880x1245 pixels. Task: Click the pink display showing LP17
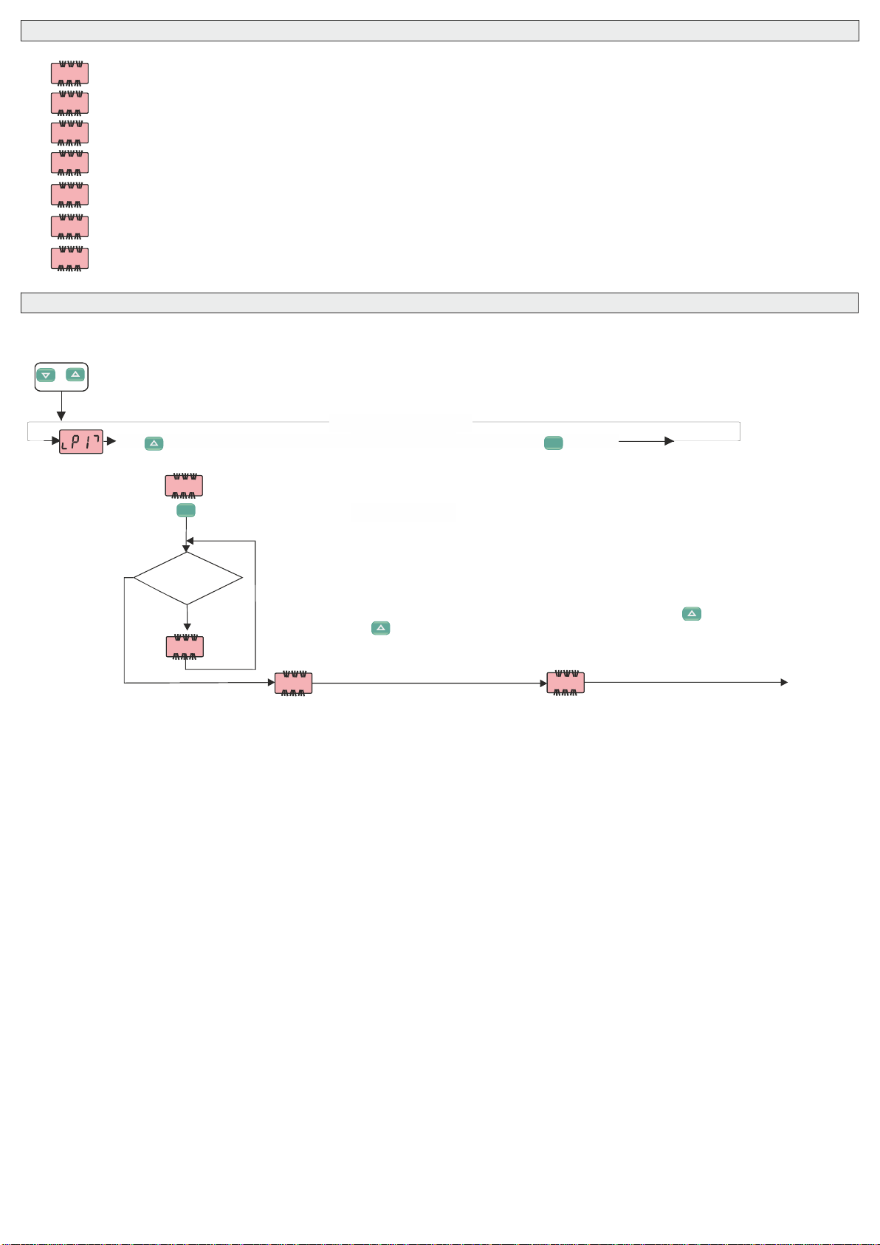click(80, 441)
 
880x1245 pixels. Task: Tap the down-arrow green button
click(46, 375)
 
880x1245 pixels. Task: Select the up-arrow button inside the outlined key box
click(75, 375)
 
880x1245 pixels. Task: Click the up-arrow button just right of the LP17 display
click(154, 443)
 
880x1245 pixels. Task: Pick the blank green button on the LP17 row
click(553, 443)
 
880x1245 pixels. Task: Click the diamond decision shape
click(188, 578)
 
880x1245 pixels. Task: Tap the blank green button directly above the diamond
click(186, 510)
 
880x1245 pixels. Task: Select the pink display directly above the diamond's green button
click(183, 485)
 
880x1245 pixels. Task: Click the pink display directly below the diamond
click(185, 647)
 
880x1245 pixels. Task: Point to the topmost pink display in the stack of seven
click(69, 73)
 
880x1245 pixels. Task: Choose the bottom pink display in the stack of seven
click(69, 259)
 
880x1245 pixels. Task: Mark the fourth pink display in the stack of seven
click(69, 163)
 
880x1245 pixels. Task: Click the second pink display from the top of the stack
click(69, 103)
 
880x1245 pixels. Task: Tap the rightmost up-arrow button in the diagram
click(692, 613)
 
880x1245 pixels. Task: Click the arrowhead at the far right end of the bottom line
click(784, 683)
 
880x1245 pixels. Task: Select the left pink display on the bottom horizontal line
click(293, 683)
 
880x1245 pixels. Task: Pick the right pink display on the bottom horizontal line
click(566, 683)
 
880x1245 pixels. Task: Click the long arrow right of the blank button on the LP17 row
click(646, 441)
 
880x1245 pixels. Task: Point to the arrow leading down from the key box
click(61, 406)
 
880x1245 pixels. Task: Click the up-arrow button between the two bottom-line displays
click(380, 628)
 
